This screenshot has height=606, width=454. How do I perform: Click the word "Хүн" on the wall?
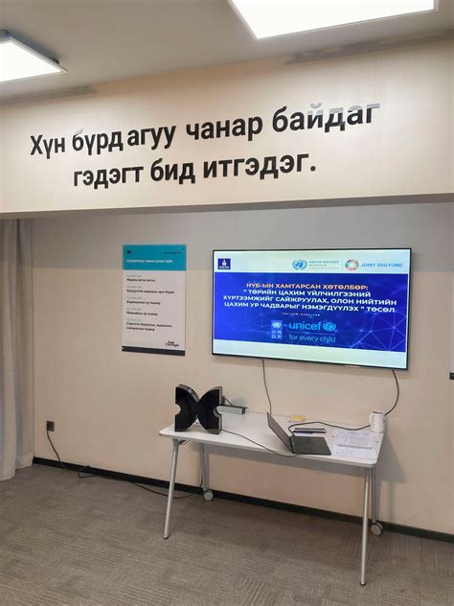(49, 145)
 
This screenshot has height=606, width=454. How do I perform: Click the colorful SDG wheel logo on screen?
(352, 265)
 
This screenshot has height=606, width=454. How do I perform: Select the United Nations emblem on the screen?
(299, 265)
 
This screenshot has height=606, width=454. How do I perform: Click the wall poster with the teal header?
(153, 298)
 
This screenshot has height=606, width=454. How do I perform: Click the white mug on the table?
(377, 422)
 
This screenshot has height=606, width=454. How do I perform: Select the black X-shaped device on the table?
(197, 408)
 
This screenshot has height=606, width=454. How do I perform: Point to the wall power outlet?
(50, 425)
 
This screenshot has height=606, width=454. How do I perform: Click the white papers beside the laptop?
(353, 442)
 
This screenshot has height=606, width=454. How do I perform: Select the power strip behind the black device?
(233, 409)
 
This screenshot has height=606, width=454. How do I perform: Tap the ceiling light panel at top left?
(29, 58)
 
